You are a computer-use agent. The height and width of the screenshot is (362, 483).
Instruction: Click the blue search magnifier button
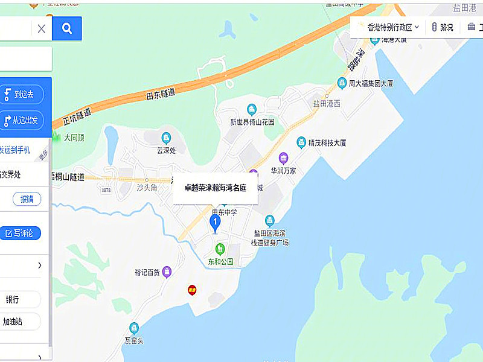[67, 28]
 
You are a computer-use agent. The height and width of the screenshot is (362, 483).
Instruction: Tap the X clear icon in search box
[41, 28]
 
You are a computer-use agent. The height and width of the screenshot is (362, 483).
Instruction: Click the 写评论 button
[20, 233]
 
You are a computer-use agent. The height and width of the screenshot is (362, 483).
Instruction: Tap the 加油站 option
[13, 322]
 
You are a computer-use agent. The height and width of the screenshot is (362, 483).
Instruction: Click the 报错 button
[27, 199]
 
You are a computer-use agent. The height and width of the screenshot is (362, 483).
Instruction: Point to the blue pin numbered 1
[214, 223]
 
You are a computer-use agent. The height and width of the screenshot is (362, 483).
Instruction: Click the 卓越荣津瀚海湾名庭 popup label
[216, 188]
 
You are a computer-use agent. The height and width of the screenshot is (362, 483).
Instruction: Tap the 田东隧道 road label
[161, 94]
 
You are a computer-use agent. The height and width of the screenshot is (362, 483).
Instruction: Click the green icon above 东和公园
[220, 249]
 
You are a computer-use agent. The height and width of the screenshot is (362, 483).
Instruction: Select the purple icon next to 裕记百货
[167, 272]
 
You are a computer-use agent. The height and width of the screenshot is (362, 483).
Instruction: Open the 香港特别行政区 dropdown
[389, 27]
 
